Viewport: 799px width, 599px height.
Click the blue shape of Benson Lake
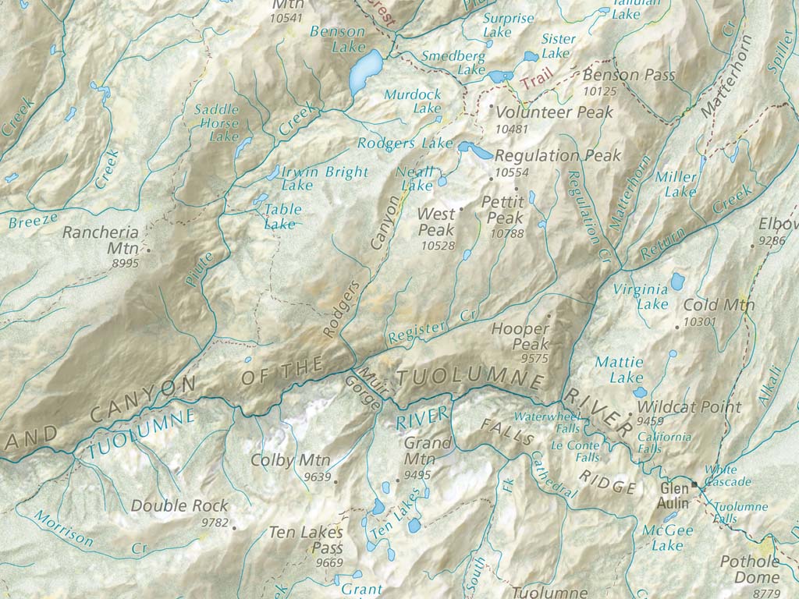365,70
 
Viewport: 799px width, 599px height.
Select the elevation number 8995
125,264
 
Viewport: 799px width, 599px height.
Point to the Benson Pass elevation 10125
600,91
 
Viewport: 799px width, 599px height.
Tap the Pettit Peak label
502,210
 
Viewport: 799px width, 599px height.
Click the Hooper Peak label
520,337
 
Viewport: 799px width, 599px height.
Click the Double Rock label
179,505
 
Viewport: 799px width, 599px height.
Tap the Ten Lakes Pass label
306,541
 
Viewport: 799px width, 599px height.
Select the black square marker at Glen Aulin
694,483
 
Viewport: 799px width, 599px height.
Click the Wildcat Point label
689,406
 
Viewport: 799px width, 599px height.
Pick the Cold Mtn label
719,305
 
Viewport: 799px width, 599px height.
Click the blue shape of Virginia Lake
677,281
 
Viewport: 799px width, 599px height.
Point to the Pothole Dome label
749,569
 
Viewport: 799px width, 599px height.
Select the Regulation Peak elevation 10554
512,172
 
